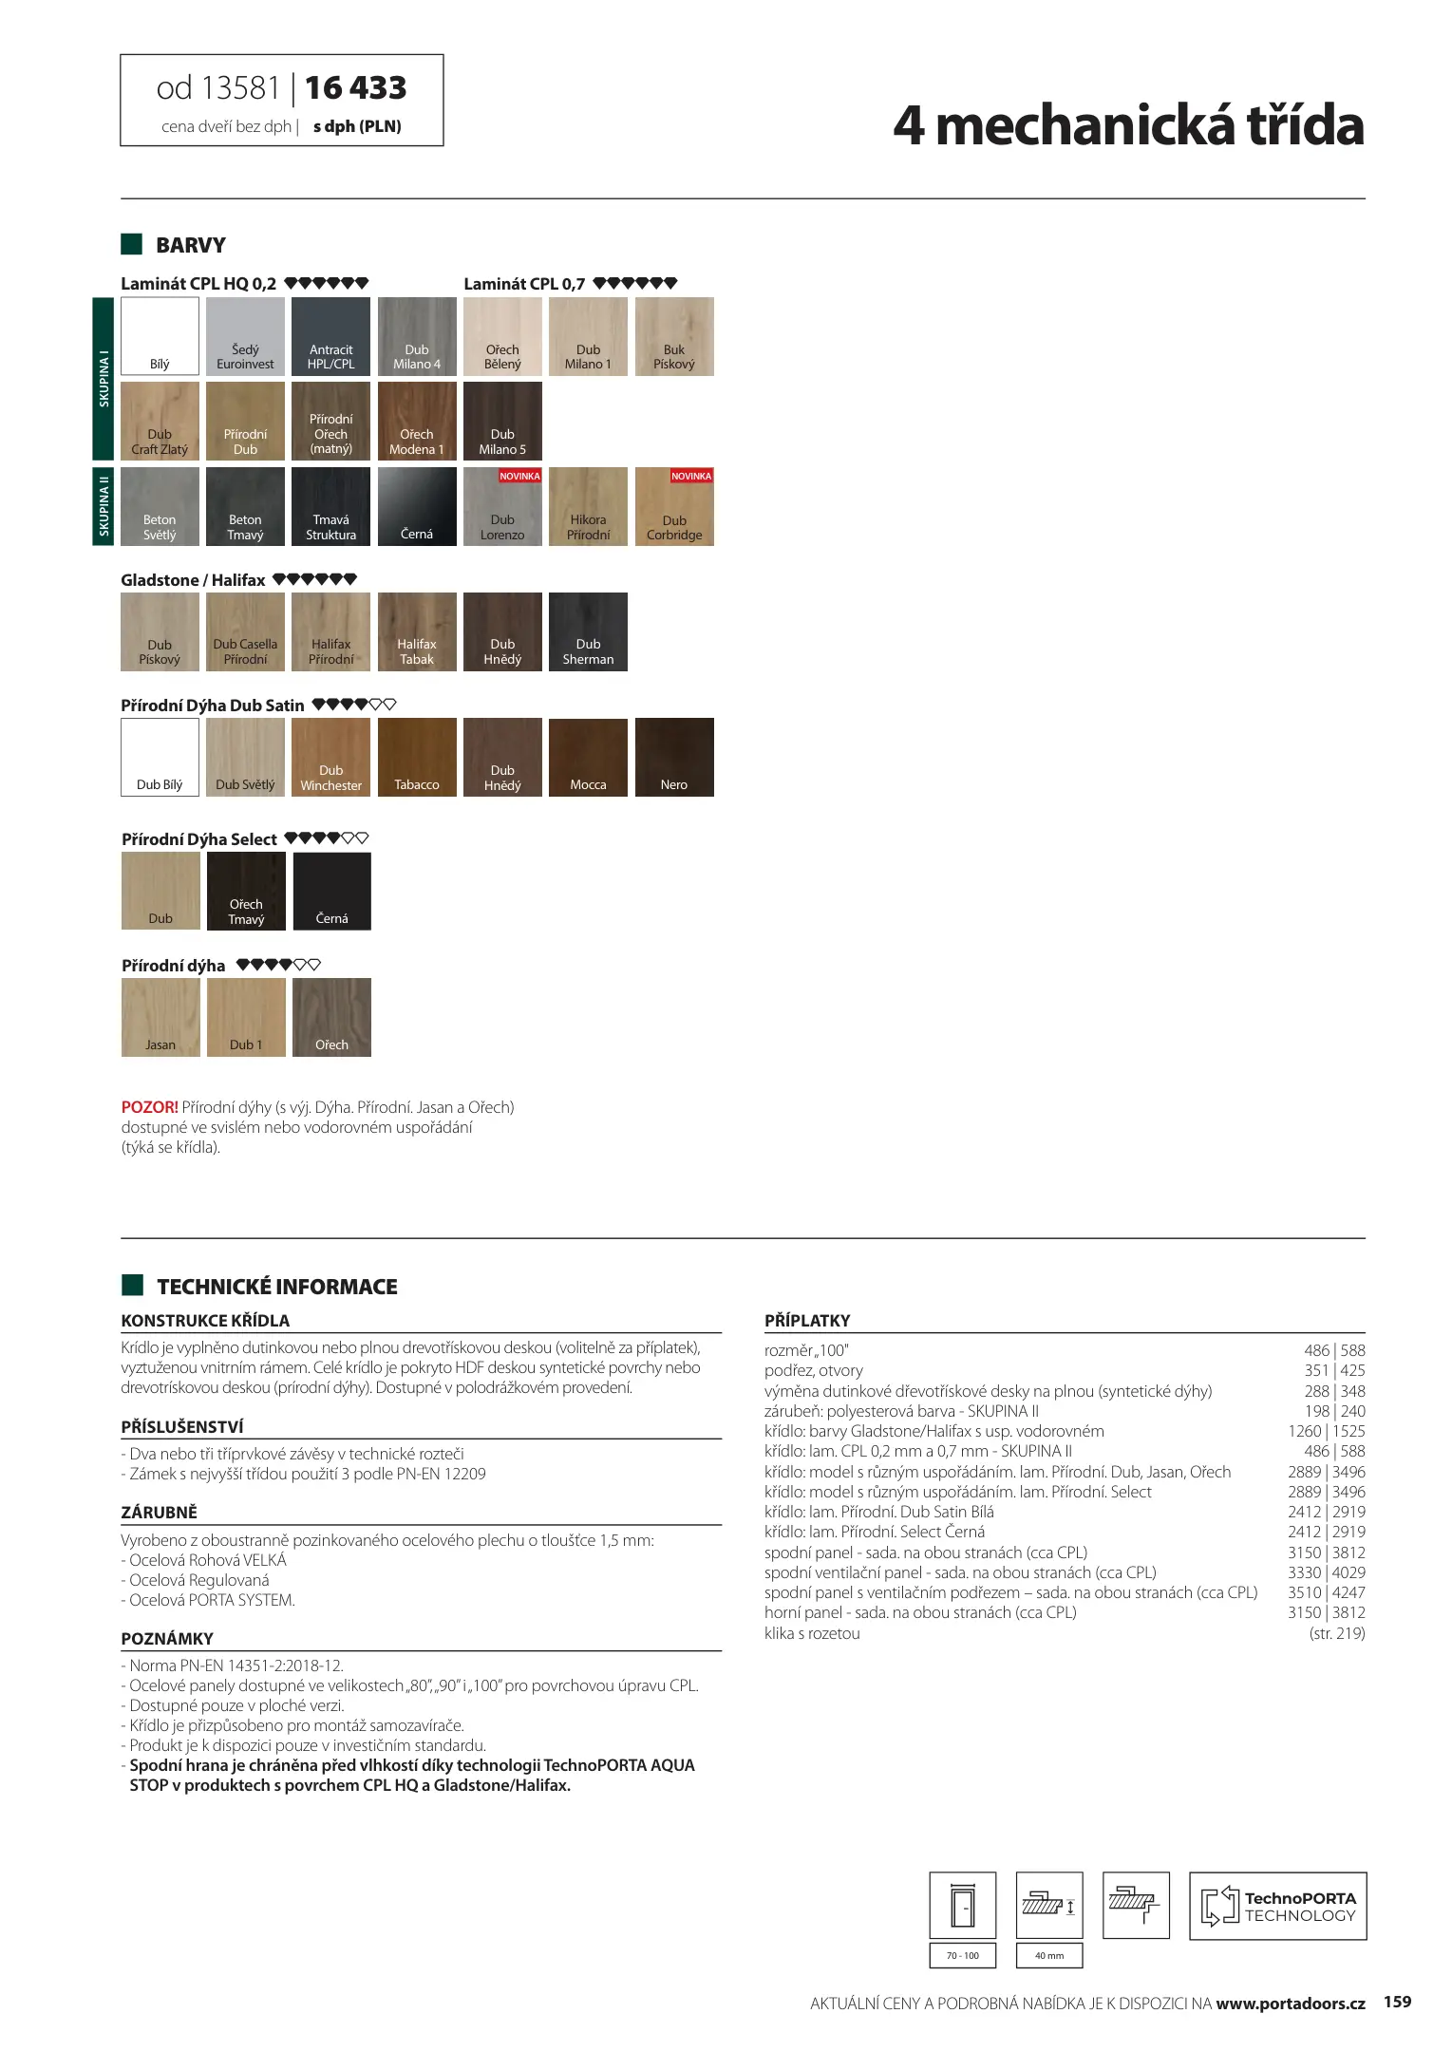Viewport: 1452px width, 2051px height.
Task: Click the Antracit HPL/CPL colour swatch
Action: (x=330, y=336)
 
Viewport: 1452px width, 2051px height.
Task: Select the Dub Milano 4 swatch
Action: (x=417, y=336)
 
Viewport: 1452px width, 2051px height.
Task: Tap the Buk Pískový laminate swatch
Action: (x=674, y=336)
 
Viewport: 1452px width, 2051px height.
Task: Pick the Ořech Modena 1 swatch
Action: (x=417, y=421)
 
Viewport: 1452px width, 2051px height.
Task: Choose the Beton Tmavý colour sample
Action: (x=245, y=506)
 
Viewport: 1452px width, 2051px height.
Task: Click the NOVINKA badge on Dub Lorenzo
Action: (x=519, y=476)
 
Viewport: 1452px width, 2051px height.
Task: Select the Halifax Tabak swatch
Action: (x=417, y=631)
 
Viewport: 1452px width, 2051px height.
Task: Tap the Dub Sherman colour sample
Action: (x=588, y=631)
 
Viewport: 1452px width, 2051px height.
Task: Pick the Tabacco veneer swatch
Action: (x=417, y=757)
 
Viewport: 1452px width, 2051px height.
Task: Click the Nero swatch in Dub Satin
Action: (x=674, y=757)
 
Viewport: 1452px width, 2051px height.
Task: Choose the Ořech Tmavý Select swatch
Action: (x=246, y=891)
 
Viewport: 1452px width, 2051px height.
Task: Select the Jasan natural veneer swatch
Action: (x=160, y=1017)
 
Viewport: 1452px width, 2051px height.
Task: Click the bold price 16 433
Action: (x=355, y=88)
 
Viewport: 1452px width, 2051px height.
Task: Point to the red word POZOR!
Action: (x=149, y=1107)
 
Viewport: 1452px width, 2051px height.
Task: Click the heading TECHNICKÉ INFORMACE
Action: (x=277, y=1287)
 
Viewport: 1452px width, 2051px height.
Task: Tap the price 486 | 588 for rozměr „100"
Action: (x=1334, y=1350)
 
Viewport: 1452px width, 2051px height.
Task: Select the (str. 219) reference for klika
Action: (x=1336, y=1633)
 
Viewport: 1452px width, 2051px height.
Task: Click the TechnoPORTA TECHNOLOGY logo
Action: (x=1277, y=1906)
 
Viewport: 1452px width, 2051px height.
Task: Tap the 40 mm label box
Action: (x=1049, y=1955)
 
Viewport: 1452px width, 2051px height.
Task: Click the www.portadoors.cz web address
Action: (x=1290, y=2004)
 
